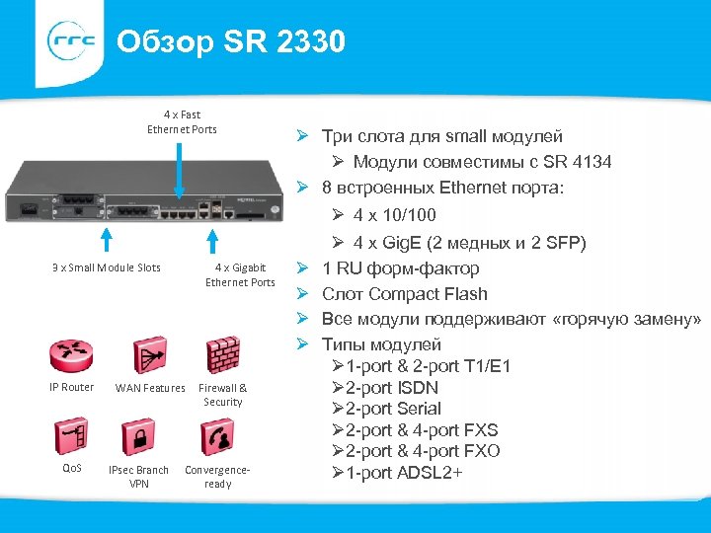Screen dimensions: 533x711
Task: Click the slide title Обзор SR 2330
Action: click(230, 42)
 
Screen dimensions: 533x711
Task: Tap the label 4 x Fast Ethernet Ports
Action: click(182, 121)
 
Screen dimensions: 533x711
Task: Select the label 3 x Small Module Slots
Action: click(106, 267)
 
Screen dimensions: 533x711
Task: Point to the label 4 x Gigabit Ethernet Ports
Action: click(240, 274)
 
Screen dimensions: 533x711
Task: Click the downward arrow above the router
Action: click(180, 169)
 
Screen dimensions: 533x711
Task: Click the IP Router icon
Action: click(71, 355)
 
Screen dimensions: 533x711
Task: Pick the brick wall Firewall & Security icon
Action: click(223, 355)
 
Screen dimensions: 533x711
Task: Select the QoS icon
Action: click(71, 435)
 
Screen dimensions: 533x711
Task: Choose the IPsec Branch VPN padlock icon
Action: click(137, 435)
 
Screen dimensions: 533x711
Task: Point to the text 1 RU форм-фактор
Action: click(401, 267)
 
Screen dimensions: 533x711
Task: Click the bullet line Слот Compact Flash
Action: click(405, 293)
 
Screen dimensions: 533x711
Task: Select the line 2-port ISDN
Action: click(391, 388)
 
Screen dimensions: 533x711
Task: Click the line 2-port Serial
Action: click(393, 409)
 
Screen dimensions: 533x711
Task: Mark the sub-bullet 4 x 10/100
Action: click(394, 215)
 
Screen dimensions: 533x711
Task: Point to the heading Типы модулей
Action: click(382, 344)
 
